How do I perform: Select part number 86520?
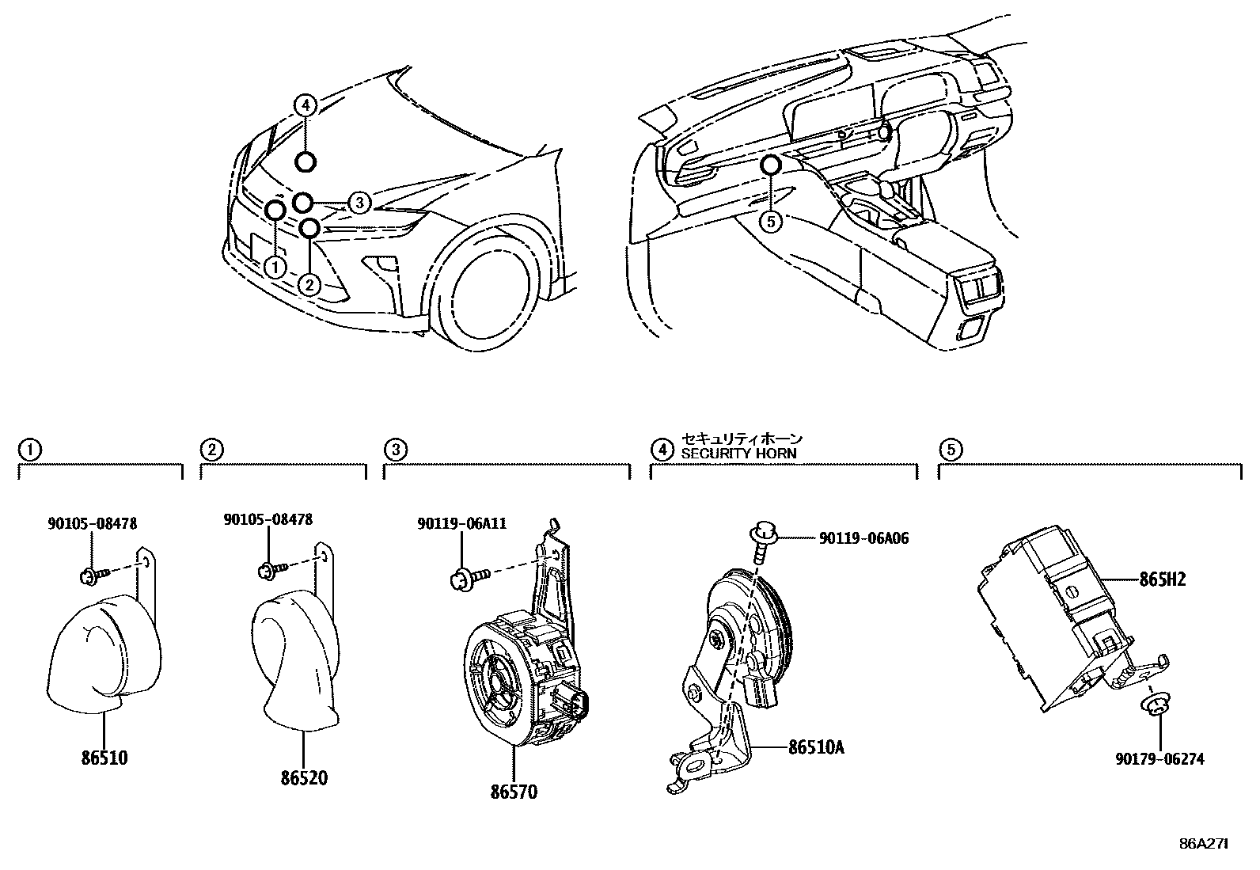point(303,777)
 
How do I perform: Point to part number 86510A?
point(815,747)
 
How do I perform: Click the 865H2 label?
point(1163,579)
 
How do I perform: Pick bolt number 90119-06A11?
point(462,523)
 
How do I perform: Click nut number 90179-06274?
point(1159,758)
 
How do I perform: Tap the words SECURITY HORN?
point(739,454)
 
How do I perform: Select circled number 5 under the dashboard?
point(771,222)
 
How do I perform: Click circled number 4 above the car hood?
point(306,104)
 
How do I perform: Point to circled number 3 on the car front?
point(359,203)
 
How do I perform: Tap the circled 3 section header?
point(394,450)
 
